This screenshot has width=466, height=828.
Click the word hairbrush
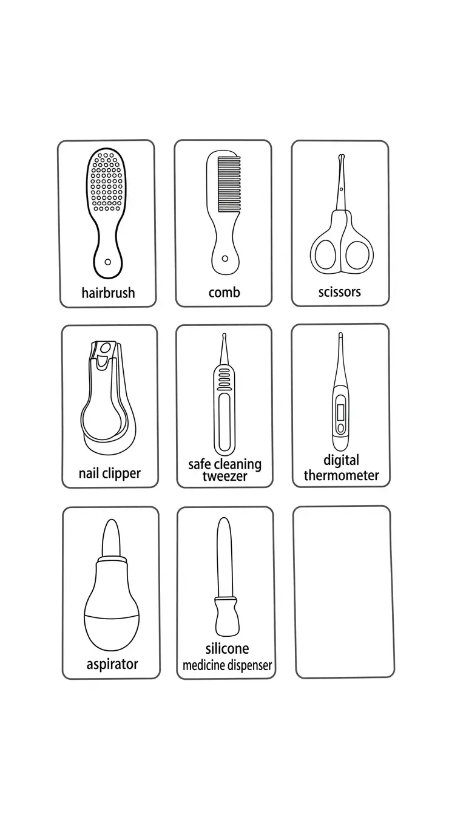click(x=108, y=293)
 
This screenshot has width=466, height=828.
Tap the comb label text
click(x=225, y=293)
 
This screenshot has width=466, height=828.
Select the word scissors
click(x=340, y=292)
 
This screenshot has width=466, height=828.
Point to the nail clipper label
click(x=110, y=473)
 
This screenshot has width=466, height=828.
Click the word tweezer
click(x=225, y=476)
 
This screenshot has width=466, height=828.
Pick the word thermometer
click(x=342, y=475)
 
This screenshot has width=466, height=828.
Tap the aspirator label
click(x=112, y=664)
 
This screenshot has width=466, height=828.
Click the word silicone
click(x=228, y=649)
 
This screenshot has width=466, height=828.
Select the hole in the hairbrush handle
click(x=108, y=262)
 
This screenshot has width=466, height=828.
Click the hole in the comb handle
click(x=225, y=259)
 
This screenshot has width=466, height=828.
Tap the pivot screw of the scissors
click(x=342, y=189)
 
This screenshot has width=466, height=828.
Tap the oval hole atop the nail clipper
click(x=106, y=348)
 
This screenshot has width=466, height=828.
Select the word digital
click(x=342, y=461)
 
